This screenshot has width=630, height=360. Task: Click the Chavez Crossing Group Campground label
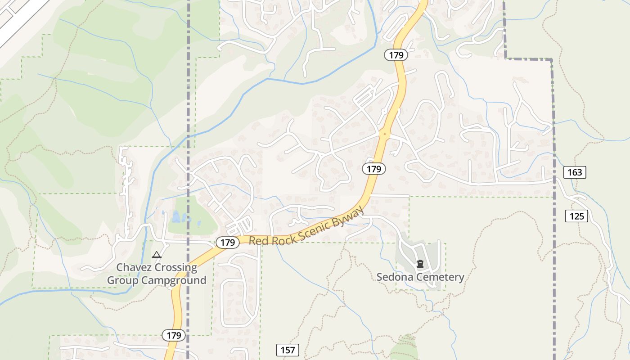click(x=157, y=274)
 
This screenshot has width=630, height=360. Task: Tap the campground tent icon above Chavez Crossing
click(x=157, y=255)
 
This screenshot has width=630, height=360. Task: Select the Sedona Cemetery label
click(x=420, y=277)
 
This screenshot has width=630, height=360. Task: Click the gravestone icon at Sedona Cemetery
click(x=420, y=264)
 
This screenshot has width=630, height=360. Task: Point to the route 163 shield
click(x=575, y=172)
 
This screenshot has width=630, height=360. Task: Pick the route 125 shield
click(x=576, y=216)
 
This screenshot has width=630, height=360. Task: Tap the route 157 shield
click(x=287, y=350)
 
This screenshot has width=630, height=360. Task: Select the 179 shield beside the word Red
click(x=228, y=243)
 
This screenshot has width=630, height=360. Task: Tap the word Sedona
click(x=393, y=277)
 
